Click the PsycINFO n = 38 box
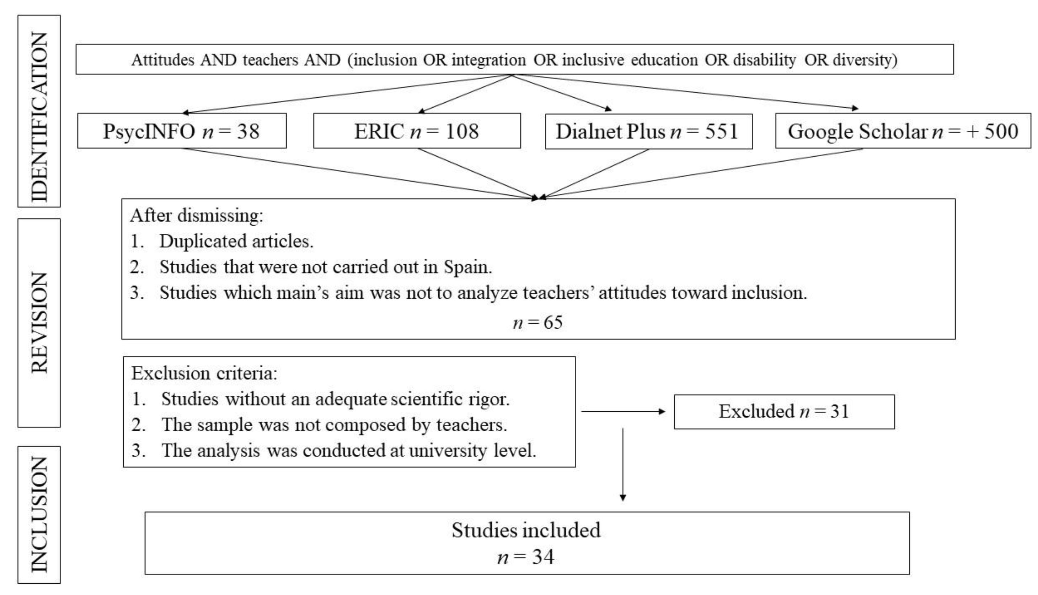182,131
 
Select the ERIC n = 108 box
417,131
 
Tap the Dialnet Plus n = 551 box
648,131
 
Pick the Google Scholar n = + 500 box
903,131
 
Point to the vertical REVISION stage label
39,323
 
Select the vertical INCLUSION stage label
39,514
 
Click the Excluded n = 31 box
784,411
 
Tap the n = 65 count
537,323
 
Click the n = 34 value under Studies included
526,557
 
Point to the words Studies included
526,530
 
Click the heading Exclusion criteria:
204,373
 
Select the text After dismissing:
197,215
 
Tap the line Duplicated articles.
236,241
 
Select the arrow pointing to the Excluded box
623,411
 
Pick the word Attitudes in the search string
162,60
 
